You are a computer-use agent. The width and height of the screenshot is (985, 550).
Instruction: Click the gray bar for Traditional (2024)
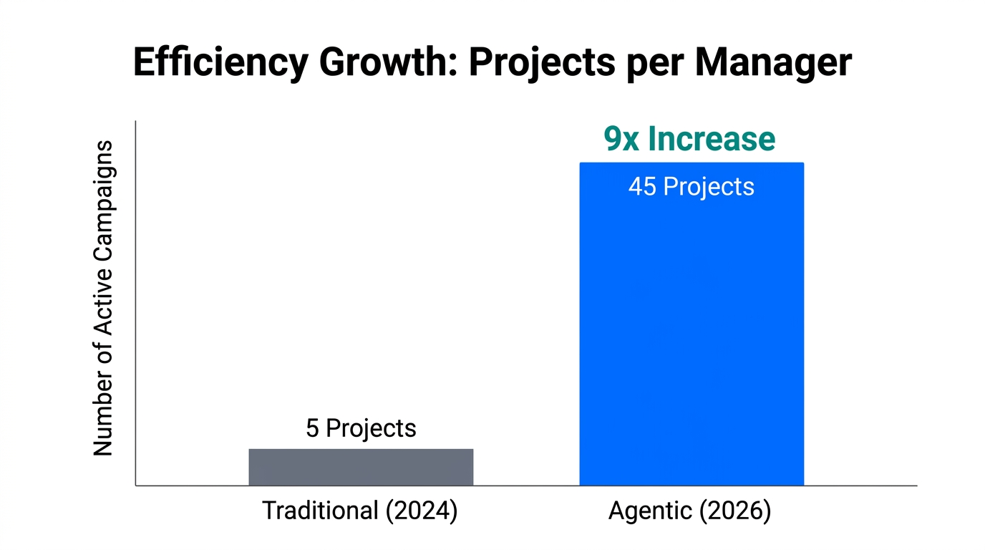pos(361,467)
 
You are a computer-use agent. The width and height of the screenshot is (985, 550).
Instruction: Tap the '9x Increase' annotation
pos(689,139)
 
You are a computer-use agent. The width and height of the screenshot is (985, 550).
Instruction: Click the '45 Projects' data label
pos(691,186)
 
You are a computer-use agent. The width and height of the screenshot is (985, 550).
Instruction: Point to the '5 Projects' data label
pos(361,428)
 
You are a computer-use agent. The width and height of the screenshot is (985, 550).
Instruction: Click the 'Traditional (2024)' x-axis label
pos(359,511)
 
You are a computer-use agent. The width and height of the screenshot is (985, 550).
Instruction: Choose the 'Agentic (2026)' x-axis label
pos(689,511)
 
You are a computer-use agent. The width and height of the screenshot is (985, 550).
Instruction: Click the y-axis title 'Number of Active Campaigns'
pos(104,298)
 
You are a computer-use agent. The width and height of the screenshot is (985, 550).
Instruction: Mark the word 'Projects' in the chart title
pos(541,63)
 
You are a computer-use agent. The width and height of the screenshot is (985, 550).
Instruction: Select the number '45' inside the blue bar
pos(642,186)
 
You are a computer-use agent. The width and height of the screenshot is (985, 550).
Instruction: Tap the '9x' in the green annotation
pos(621,139)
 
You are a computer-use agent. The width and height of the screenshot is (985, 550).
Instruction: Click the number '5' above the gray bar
pos(312,428)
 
